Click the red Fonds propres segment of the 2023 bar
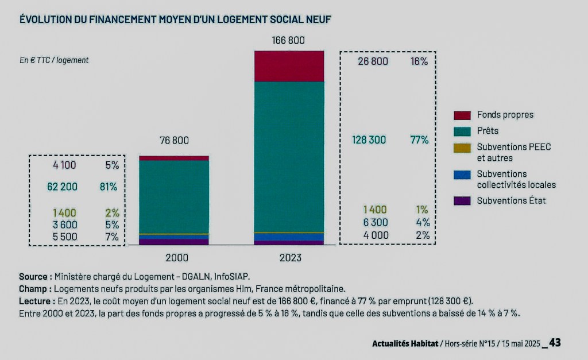click(x=289, y=66)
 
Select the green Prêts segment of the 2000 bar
click(x=174, y=196)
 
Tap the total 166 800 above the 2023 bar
click(x=288, y=40)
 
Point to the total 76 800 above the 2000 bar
click(x=173, y=141)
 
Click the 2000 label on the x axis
click(x=174, y=258)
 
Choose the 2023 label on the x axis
click(x=290, y=258)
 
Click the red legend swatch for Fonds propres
click(x=462, y=115)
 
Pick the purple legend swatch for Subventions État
click(x=462, y=201)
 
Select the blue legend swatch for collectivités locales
click(x=462, y=174)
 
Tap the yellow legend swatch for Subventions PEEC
click(x=462, y=148)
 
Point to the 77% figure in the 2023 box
click(x=419, y=140)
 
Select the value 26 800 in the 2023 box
click(x=373, y=61)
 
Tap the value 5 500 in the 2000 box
click(x=64, y=236)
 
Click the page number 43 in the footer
click(x=555, y=343)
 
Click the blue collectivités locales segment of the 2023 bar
click(x=289, y=237)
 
